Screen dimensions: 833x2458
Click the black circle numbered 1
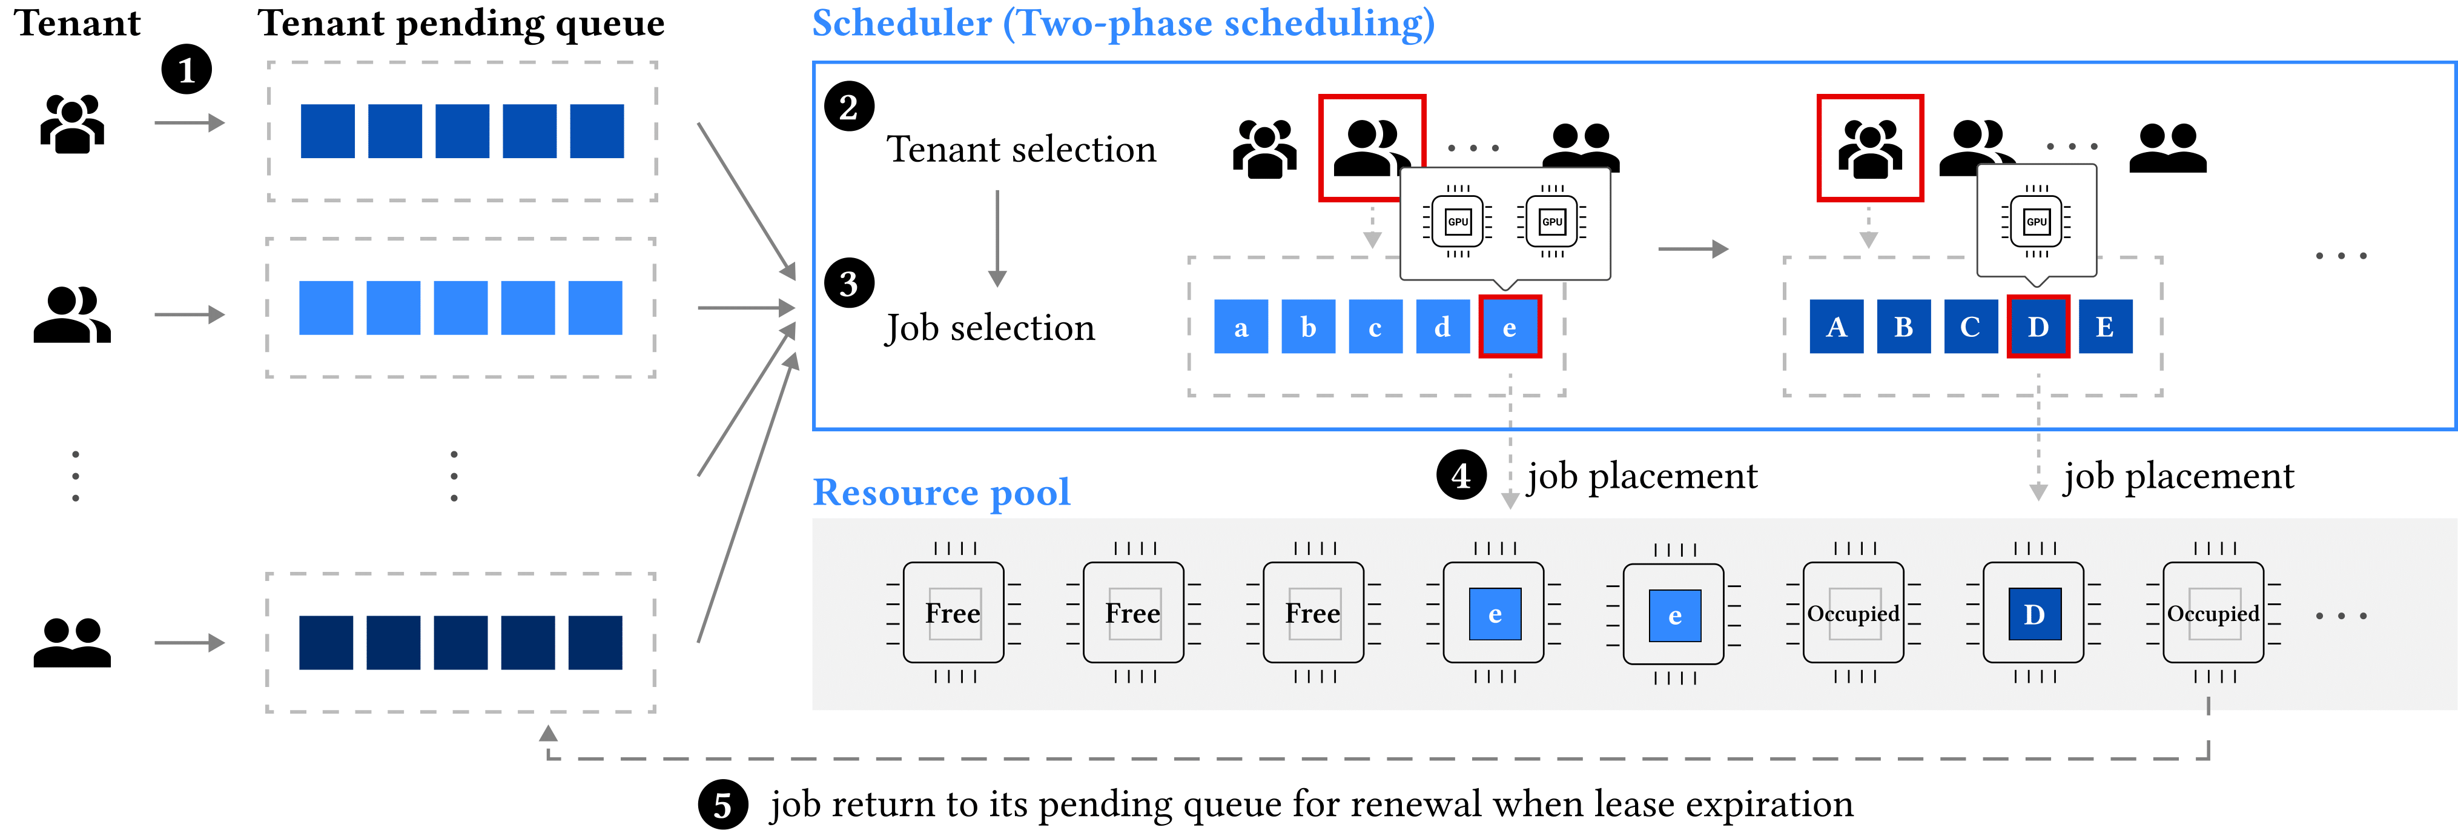(x=186, y=70)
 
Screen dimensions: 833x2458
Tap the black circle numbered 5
(x=722, y=805)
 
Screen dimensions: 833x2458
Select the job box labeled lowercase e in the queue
(x=1508, y=327)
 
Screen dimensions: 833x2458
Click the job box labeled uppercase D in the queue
(x=2037, y=327)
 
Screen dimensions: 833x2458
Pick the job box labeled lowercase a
(x=1240, y=327)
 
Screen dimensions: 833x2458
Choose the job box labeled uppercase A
(x=1836, y=327)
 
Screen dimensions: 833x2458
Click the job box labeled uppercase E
(x=2105, y=327)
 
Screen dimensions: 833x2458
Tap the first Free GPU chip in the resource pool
(x=953, y=612)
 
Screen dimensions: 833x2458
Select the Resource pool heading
(x=941, y=493)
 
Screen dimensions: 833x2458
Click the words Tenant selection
(x=1021, y=150)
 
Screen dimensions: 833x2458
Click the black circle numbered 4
(x=1461, y=475)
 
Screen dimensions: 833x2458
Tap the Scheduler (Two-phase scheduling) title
(x=1123, y=23)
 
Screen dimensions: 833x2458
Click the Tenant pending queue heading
(x=461, y=23)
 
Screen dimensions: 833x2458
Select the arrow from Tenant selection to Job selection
(x=997, y=239)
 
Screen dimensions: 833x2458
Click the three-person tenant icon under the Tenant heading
(x=73, y=124)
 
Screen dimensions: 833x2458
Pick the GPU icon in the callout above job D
(x=2037, y=221)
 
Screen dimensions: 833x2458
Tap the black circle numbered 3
(x=848, y=284)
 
